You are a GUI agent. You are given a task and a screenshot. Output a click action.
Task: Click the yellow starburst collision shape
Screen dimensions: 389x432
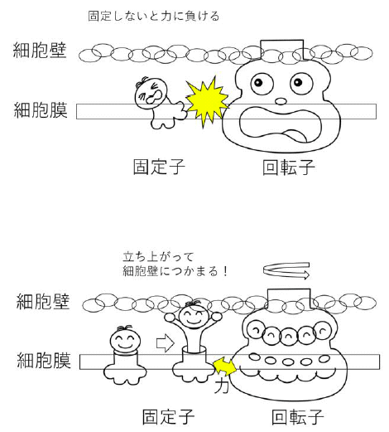[208, 103]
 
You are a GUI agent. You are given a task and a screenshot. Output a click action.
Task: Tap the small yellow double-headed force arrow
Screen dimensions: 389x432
[225, 366]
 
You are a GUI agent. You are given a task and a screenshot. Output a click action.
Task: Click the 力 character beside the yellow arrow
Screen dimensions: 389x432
[221, 386]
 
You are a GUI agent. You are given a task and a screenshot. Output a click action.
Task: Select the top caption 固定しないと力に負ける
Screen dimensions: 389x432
[153, 16]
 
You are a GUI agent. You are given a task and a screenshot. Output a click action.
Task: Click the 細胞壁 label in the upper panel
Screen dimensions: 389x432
[40, 50]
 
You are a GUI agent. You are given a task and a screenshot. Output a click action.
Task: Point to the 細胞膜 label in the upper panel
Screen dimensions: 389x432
[41, 110]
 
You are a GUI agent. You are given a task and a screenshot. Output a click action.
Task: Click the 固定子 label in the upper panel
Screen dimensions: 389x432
[159, 167]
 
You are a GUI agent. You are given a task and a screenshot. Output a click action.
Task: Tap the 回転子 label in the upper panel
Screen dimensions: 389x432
[289, 167]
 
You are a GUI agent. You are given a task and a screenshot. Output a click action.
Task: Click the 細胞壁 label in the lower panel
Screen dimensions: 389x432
[43, 301]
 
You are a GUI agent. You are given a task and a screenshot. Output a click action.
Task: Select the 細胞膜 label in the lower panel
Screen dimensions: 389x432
[44, 360]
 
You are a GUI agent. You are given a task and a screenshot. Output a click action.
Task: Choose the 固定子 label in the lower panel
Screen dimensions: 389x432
[168, 417]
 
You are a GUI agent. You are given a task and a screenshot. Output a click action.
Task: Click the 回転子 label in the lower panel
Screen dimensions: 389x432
[297, 417]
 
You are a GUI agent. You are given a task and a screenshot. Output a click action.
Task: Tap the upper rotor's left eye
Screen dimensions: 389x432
[262, 83]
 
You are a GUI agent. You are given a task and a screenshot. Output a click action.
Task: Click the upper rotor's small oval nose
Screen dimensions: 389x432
[281, 101]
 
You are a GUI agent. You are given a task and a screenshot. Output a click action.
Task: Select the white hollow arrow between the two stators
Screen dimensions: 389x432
[166, 343]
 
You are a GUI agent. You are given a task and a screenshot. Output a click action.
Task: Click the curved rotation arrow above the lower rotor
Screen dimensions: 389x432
[286, 270]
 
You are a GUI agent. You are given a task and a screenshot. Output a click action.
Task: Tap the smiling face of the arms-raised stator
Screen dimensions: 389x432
[193, 315]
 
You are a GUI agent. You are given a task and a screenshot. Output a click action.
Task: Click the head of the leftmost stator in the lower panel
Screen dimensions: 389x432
[124, 340]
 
